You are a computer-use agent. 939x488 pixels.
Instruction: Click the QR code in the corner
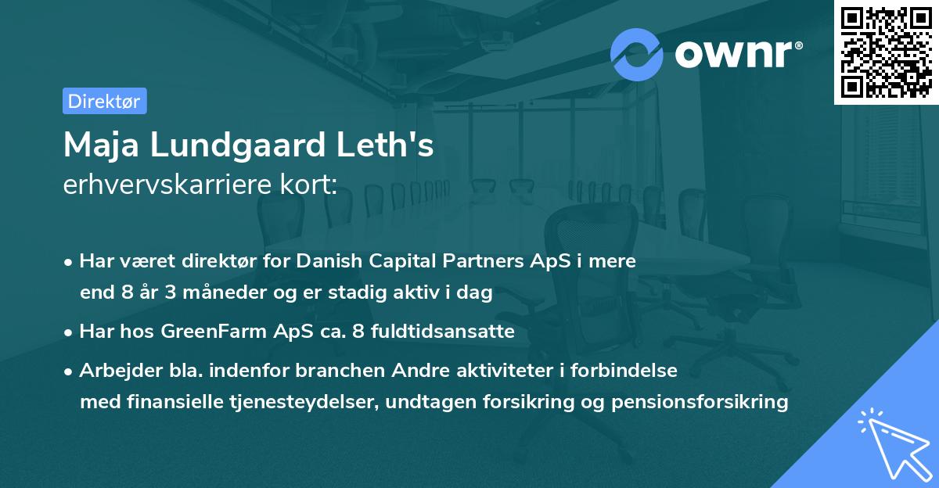pos(887,52)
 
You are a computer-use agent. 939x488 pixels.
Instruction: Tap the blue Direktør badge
pos(104,101)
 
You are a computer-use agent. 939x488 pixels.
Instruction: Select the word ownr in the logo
pos(737,54)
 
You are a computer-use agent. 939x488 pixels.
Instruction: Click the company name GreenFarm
pos(206,332)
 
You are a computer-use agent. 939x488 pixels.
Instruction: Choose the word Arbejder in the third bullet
pos(113,370)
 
